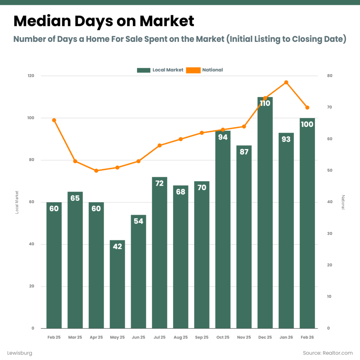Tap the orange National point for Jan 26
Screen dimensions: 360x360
tap(286, 82)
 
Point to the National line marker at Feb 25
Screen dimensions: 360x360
tap(54, 120)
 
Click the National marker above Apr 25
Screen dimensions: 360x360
tap(96, 171)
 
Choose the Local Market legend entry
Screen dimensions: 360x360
tap(160, 70)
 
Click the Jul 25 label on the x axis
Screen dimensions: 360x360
tap(159, 337)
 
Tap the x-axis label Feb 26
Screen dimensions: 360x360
tap(307, 337)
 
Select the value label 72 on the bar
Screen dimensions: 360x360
tap(159, 183)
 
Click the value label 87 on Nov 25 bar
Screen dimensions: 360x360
tap(244, 152)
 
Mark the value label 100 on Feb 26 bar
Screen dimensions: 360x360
tap(307, 124)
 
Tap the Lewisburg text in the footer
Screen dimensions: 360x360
tap(20, 353)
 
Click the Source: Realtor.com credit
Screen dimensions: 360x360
tap(328, 353)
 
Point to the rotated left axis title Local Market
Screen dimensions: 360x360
tap(17, 202)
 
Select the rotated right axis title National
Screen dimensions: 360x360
tap(343, 202)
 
